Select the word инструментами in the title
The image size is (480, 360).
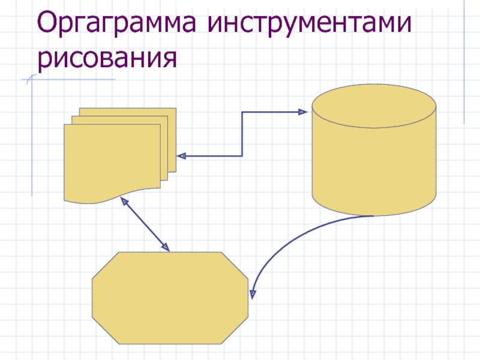(310, 25)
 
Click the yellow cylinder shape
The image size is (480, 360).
(374, 162)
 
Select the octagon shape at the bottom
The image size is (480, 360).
(170, 298)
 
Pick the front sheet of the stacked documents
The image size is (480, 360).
(111, 159)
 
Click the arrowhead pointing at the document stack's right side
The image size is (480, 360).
(182, 156)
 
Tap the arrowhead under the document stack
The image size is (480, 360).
(125, 201)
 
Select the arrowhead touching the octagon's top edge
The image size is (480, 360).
(165, 247)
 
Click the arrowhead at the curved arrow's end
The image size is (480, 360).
(253, 293)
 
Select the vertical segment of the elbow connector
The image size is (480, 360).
(242, 134)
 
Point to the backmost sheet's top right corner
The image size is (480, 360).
(175, 109)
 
